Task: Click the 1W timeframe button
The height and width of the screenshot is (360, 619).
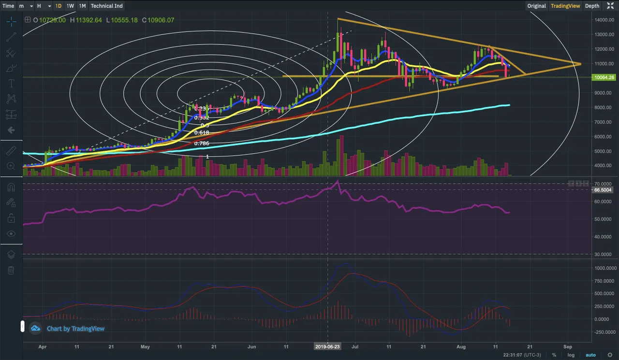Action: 71,6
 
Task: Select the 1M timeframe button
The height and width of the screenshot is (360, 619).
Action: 82,6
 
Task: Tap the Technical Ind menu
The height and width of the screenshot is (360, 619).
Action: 107,6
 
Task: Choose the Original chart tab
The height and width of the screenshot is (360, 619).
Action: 537,6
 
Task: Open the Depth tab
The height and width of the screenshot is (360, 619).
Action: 592,6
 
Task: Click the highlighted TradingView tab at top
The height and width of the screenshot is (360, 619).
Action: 565,6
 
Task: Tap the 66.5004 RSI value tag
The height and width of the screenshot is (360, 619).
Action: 603,190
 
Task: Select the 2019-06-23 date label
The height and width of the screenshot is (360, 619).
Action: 328,346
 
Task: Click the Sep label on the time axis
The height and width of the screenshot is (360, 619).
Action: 568,346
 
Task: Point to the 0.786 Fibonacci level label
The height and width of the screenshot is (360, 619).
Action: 202,144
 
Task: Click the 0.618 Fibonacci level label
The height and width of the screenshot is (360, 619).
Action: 202,132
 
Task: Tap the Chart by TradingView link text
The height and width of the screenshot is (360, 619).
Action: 75,329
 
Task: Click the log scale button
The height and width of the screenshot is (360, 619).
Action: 571,355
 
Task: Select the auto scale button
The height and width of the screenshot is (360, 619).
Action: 591,355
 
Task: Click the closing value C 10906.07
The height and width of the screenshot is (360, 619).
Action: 158,20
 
